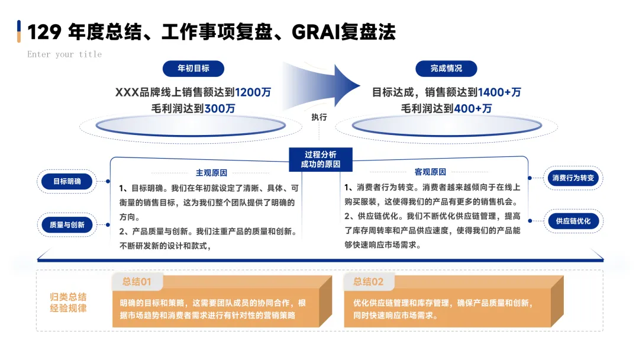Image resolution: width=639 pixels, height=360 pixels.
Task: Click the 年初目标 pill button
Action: [x=193, y=68]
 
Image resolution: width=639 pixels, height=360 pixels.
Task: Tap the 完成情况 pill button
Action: [x=446, y=68]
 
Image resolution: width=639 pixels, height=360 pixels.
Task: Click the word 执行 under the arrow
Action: [x=319, y=117]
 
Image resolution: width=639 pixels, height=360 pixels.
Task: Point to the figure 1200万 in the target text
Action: [x=253, y=92]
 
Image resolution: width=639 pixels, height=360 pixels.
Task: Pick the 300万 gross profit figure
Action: [x=220, y=108]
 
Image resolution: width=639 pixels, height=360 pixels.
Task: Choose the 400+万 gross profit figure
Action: [x=473, y=108]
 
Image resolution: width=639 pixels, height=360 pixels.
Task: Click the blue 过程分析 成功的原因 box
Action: [x=320, y=159]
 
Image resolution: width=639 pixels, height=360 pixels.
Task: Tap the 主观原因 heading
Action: [x=211, y=172]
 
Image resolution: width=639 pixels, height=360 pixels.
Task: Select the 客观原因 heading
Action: [x=430, y=172]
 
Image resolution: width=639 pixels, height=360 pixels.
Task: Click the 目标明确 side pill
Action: [x=67, y=181]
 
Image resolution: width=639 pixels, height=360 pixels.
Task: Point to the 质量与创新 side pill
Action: [x=67, y=224]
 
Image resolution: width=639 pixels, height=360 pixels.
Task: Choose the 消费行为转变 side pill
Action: [x=573, y=178]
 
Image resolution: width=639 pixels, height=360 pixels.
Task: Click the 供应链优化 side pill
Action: [x=573, y=221]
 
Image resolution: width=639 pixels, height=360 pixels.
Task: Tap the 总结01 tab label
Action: [x=137, y=282]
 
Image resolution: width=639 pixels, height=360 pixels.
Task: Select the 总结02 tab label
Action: [x=369, y=282]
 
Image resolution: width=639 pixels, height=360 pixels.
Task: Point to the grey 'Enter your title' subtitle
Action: [x=64, y=54]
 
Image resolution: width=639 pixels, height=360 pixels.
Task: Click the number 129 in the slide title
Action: [x=44, y=32]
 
